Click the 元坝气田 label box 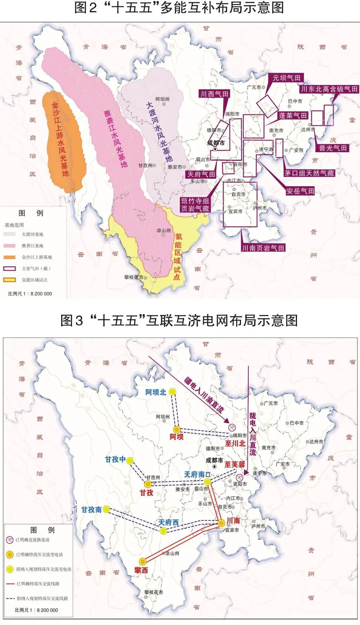[x=286, y=78]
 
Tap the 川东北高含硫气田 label [x=329, y=89]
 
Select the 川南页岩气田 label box [x=263, y=248]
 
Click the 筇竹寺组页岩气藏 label [x=195, y=205]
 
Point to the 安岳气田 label [x=300, y=191]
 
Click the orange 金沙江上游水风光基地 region [x=62, y=141]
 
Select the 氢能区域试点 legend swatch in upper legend [x=10, y=280]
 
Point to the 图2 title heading [x=179, y=8]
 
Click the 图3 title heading [x=179, y=320]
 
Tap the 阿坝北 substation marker [x=172, y=392]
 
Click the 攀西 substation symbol [x=143, y=562]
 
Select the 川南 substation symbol [x=221, y=523]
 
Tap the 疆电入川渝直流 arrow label [x=204, y=395]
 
